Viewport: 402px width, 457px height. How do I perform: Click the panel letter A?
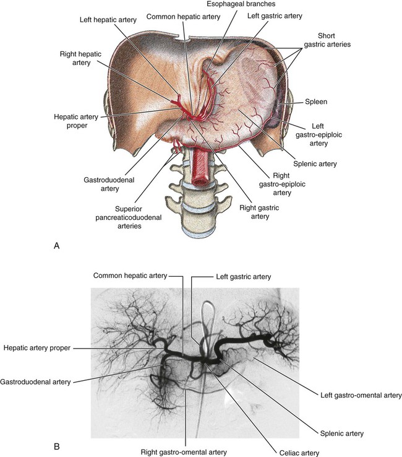(57, 246)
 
